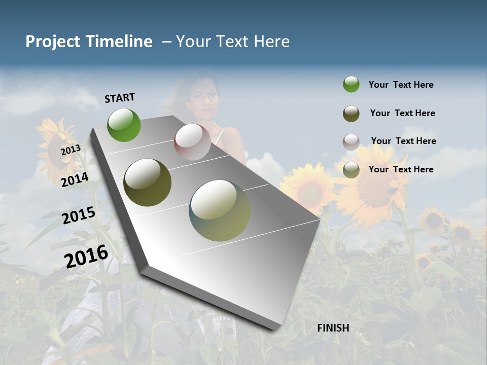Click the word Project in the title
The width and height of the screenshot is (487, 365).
coord(52,42)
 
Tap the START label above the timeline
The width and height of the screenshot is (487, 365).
coord(120,98)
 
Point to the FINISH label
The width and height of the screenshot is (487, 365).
coord(333,328)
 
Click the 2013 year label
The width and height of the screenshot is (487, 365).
coord(71,150)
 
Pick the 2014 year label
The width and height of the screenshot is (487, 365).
coord(75,179)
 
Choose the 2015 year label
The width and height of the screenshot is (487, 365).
coord(79,215)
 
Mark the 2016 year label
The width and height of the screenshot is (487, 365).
coord(86,257)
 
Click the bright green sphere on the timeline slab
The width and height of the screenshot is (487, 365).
coord(124,125)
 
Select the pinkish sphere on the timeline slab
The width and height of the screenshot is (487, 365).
coord(192,142)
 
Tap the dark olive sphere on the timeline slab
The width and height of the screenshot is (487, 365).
coord(148,182)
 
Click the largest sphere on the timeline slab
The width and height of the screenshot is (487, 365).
coord(220,210)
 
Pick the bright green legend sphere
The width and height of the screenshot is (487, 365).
coord(351,85)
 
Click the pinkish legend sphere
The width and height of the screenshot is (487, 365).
coord(351,142)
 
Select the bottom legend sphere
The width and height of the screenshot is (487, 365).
coord(351,170)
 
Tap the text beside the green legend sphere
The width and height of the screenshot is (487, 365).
coord(401,85)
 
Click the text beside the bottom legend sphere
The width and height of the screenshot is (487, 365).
coord(401,169)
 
